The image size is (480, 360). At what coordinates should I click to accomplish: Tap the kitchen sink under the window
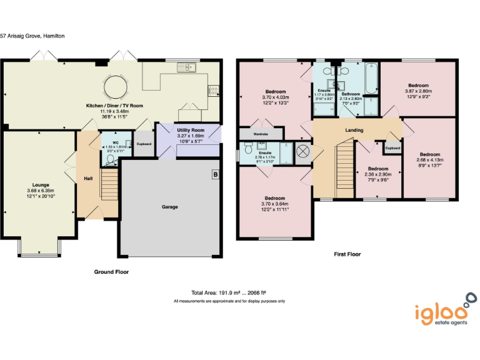click(186, 67)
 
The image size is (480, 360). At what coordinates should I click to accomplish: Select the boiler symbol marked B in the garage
click(216, 174)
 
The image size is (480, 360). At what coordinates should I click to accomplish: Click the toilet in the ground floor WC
click(112, 159)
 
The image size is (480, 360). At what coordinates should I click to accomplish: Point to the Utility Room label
click(191, 130)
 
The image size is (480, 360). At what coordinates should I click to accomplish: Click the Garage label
click(170, 207)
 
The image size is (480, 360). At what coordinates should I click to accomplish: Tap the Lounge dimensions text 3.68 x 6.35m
click(41, 191)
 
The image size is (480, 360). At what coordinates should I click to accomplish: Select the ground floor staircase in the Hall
click(109, 185)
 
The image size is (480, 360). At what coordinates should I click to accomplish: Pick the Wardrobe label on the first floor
click(261, 134)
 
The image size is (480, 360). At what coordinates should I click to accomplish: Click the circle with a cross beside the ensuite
click(303, 151)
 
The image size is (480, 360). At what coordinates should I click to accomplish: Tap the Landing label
click(354, 130)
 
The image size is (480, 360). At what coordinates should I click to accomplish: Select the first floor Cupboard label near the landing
click(392, 148)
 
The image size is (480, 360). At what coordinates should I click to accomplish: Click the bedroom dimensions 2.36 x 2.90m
click(377, 174)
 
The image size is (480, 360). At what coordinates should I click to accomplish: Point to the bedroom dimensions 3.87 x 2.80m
click(418, 91)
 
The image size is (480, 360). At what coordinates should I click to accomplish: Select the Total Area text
click(229, 292)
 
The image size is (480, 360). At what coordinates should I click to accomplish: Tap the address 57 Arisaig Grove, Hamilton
click(32, 36)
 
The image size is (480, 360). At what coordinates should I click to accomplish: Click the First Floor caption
click(347, 254)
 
